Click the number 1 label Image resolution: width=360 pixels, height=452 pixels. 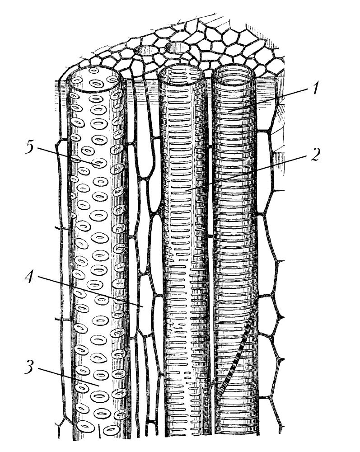point(316,88)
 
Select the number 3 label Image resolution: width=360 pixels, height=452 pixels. point(30,367)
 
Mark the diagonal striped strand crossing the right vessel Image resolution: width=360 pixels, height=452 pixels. point(237,349)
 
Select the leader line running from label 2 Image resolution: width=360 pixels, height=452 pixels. point(247,173)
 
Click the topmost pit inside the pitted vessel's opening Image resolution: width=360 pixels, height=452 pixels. point(94,71)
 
